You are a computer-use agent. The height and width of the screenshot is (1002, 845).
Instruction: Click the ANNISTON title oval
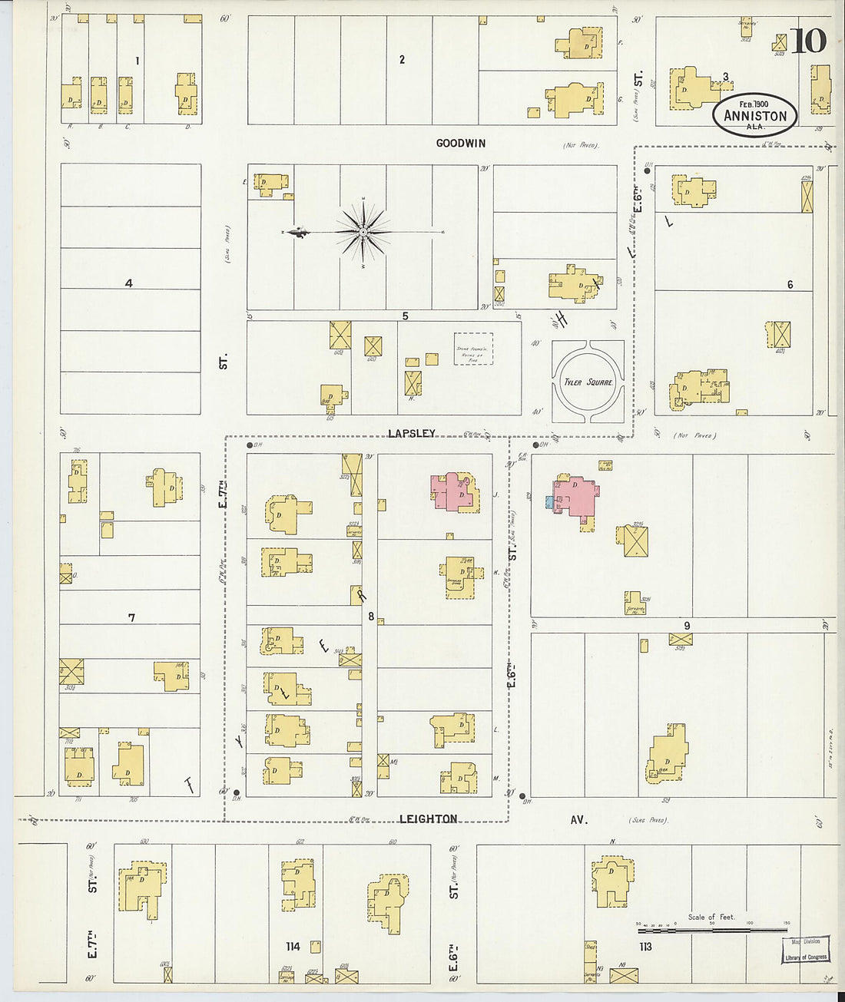(756, 115)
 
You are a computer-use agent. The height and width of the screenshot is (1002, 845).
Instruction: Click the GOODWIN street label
(461, 143)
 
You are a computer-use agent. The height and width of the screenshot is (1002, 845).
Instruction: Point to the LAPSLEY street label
(412, 433)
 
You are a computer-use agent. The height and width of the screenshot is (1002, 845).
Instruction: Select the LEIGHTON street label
(428, 818)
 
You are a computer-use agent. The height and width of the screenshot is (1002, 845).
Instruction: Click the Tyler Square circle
(588, 382)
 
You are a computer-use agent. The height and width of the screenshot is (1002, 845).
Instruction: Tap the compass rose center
(363, 231)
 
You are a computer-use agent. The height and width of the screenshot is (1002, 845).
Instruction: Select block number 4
(129, 283)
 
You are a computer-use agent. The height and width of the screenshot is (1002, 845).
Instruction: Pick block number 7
(132, 617)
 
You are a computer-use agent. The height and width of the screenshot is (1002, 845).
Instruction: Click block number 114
(293, 946)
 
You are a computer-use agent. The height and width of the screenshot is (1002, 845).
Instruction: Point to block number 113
(645, 947)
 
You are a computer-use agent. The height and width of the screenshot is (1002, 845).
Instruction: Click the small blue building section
(549, 502)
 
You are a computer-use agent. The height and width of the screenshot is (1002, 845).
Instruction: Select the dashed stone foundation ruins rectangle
(473, 349)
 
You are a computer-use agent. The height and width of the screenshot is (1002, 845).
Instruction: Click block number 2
(402, 59)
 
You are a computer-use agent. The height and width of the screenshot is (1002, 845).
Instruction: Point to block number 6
(790, 285)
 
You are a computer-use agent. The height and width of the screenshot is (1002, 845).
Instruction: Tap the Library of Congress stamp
(806, 951)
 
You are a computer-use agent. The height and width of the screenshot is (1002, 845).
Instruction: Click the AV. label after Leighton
(578, 819)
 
